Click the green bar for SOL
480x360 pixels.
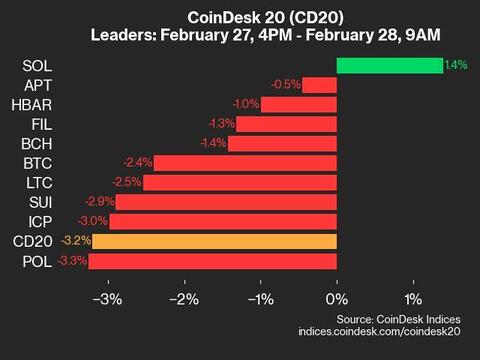click(x=389, y=65)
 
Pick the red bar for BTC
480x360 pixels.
click(x=245, y=163)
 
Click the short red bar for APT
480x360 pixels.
click(x=319, y=85)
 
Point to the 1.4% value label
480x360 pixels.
click(x=456, y=65)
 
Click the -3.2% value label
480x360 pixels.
click(x=76, y=241)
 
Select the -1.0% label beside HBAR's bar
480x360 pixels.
click(x=246, y=104)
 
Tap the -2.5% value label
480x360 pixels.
click(x=128, y=182)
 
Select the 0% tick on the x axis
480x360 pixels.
click(x=337, y=299)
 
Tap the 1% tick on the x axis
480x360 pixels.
click(x=413, y=299)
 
